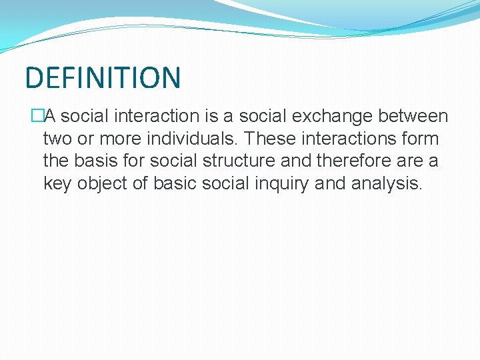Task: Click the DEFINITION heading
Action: click(103, 77)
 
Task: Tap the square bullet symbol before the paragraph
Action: click(37, 117)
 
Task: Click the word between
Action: click(413, 117)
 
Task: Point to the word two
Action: click(57, 139)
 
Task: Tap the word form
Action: click(421, 139)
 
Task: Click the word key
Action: click(57, 184)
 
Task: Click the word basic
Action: click(179, 184)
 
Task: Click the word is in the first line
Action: click(213, 117)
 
